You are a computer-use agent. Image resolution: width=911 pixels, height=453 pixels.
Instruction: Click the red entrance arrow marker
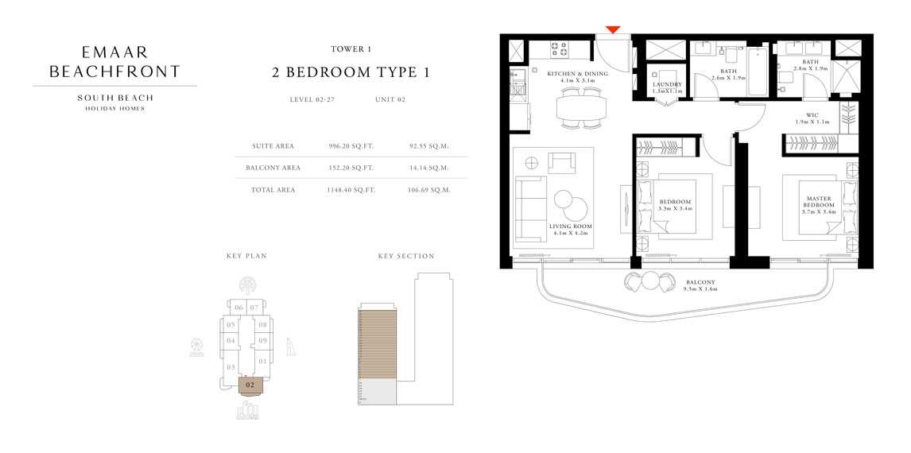coord(612,30)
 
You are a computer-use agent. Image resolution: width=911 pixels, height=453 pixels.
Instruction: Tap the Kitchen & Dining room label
coord(577,77)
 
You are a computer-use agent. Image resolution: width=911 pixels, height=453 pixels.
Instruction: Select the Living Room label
coord(571,230)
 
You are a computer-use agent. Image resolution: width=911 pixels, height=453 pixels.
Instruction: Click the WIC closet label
coord(812,118)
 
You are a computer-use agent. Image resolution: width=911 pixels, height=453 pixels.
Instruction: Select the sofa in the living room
coord(526,209)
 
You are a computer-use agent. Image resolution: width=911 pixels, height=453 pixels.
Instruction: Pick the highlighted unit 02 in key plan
coord(250,385)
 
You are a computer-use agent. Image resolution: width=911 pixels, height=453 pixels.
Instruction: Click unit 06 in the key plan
coord(238,307)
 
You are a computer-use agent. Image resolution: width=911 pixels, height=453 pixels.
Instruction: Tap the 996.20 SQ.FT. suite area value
coord(351,146)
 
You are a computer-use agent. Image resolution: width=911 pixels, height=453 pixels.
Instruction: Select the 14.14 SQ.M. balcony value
coord(429,168)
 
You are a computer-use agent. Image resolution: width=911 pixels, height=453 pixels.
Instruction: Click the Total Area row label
coord(273,190)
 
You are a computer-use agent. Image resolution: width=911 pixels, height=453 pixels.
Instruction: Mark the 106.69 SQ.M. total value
coord(429,190)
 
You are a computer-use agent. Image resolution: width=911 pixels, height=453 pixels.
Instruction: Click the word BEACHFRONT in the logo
coord(114,72)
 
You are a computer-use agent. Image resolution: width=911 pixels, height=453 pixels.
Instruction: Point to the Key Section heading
coord(406,257)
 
